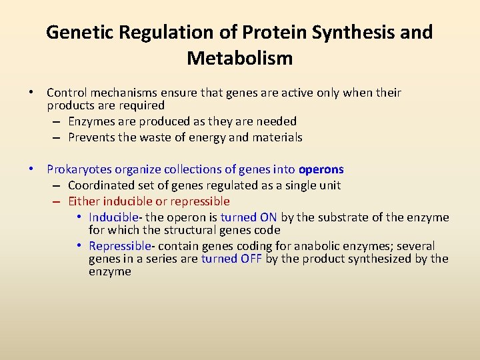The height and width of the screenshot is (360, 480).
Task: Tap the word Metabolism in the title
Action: click(239, 58)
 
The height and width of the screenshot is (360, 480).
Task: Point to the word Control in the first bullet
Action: click(67, 93)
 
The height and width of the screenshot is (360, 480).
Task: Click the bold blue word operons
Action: click(321, 169)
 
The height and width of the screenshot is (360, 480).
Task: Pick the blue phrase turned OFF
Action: click(231, 259)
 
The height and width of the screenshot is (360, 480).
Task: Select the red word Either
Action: click(83, 201)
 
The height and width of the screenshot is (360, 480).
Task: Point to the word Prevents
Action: click(91, 137)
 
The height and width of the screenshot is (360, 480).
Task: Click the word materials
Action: click(277, 137)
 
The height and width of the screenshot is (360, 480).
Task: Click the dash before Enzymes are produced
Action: click(56, 121)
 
